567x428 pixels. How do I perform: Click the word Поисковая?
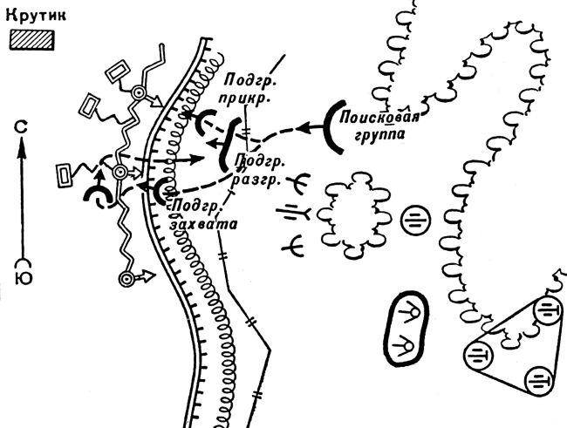[x=374, y=116]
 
